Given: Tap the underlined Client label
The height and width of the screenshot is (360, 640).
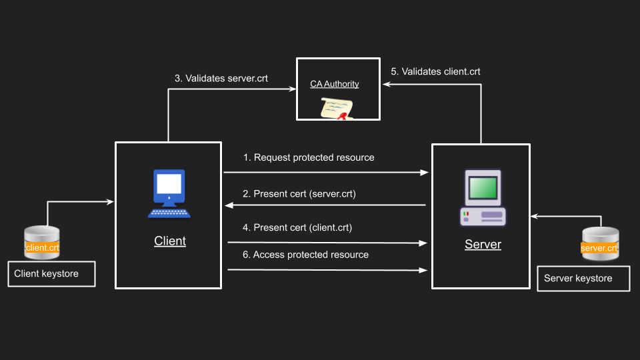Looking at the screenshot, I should [x=170, y=241].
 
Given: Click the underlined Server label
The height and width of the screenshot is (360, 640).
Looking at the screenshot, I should [x=483, y=244].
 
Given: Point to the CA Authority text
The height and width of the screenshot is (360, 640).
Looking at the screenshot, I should [x=335, y=84].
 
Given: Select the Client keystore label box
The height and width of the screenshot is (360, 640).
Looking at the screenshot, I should [x=51, y=273].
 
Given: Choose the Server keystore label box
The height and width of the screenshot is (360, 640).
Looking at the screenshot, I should [x=583, y=278].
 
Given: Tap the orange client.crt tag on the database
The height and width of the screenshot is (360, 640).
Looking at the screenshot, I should [x=42, y=247].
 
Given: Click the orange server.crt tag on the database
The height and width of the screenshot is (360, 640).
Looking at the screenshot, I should [x=599, y=248].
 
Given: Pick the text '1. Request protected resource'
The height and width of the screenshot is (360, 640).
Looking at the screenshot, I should [x=309, y=157].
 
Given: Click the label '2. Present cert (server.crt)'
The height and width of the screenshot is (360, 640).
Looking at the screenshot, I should [x=299, y=194].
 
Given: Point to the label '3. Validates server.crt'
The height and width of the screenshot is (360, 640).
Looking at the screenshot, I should [x=221, y=78].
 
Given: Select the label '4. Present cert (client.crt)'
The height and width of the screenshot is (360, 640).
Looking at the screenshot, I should [x=297, y=227].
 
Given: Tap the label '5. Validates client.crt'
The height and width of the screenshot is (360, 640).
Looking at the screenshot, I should [x=435, y=71].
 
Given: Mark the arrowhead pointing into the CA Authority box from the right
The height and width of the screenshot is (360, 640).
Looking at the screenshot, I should [x=385, y=85].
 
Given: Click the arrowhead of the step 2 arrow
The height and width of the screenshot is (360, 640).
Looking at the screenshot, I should [x=227, y=205].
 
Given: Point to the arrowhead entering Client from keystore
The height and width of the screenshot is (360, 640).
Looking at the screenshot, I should [x=110, y=201].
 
